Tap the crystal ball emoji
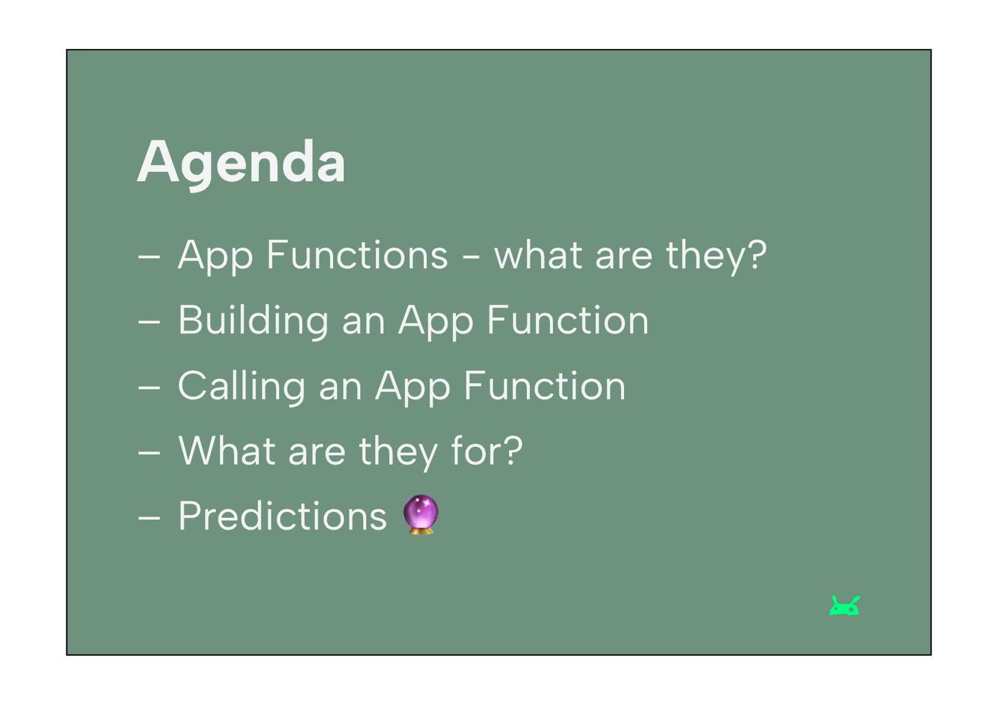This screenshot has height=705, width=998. (x=421, y=514)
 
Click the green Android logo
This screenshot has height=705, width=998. (x=845, y=605)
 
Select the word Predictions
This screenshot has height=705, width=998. (x=283, y=516)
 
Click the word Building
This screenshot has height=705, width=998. (x=254, y=321)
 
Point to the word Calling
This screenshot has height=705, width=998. (x=241, y=386)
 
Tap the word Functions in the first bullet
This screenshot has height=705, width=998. (x=357, y=255)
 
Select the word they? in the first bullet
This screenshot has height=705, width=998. (x=716, y=256)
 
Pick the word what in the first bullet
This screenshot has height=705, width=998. (x=538, y=255)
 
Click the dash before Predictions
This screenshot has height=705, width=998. (x=149, y=518)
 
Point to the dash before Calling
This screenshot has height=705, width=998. (x=149, y=387)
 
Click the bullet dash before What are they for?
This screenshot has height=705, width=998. (x=149, y=453)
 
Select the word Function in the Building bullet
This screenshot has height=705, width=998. (x=568, y=320)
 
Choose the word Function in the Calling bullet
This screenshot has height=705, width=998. (x=545, y=386)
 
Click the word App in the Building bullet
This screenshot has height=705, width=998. (x=436, y=322)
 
